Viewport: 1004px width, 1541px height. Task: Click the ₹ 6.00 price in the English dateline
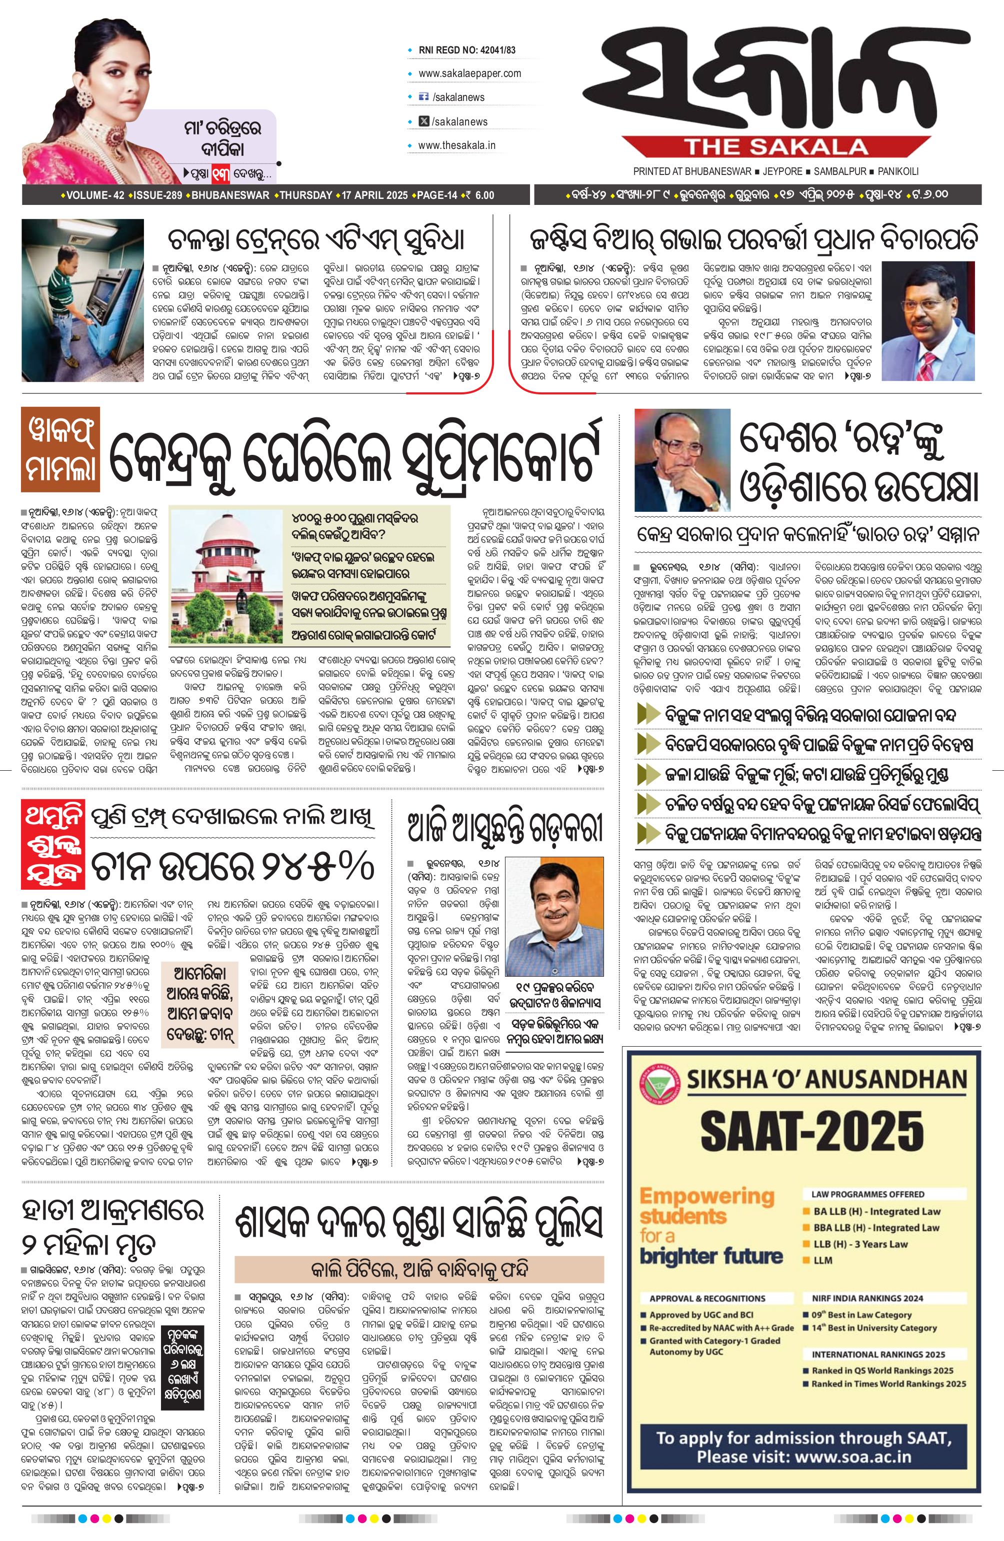point(479,195)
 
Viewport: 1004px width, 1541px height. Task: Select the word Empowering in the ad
point(706,1196)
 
